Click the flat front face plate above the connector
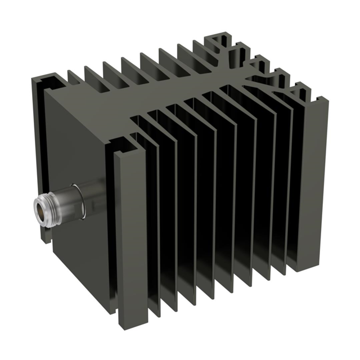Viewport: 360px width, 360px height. point(79,141)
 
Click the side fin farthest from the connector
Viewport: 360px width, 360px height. point(315,180)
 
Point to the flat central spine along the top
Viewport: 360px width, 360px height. point(169,96)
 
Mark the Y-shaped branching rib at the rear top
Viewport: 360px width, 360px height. point(264,79)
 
